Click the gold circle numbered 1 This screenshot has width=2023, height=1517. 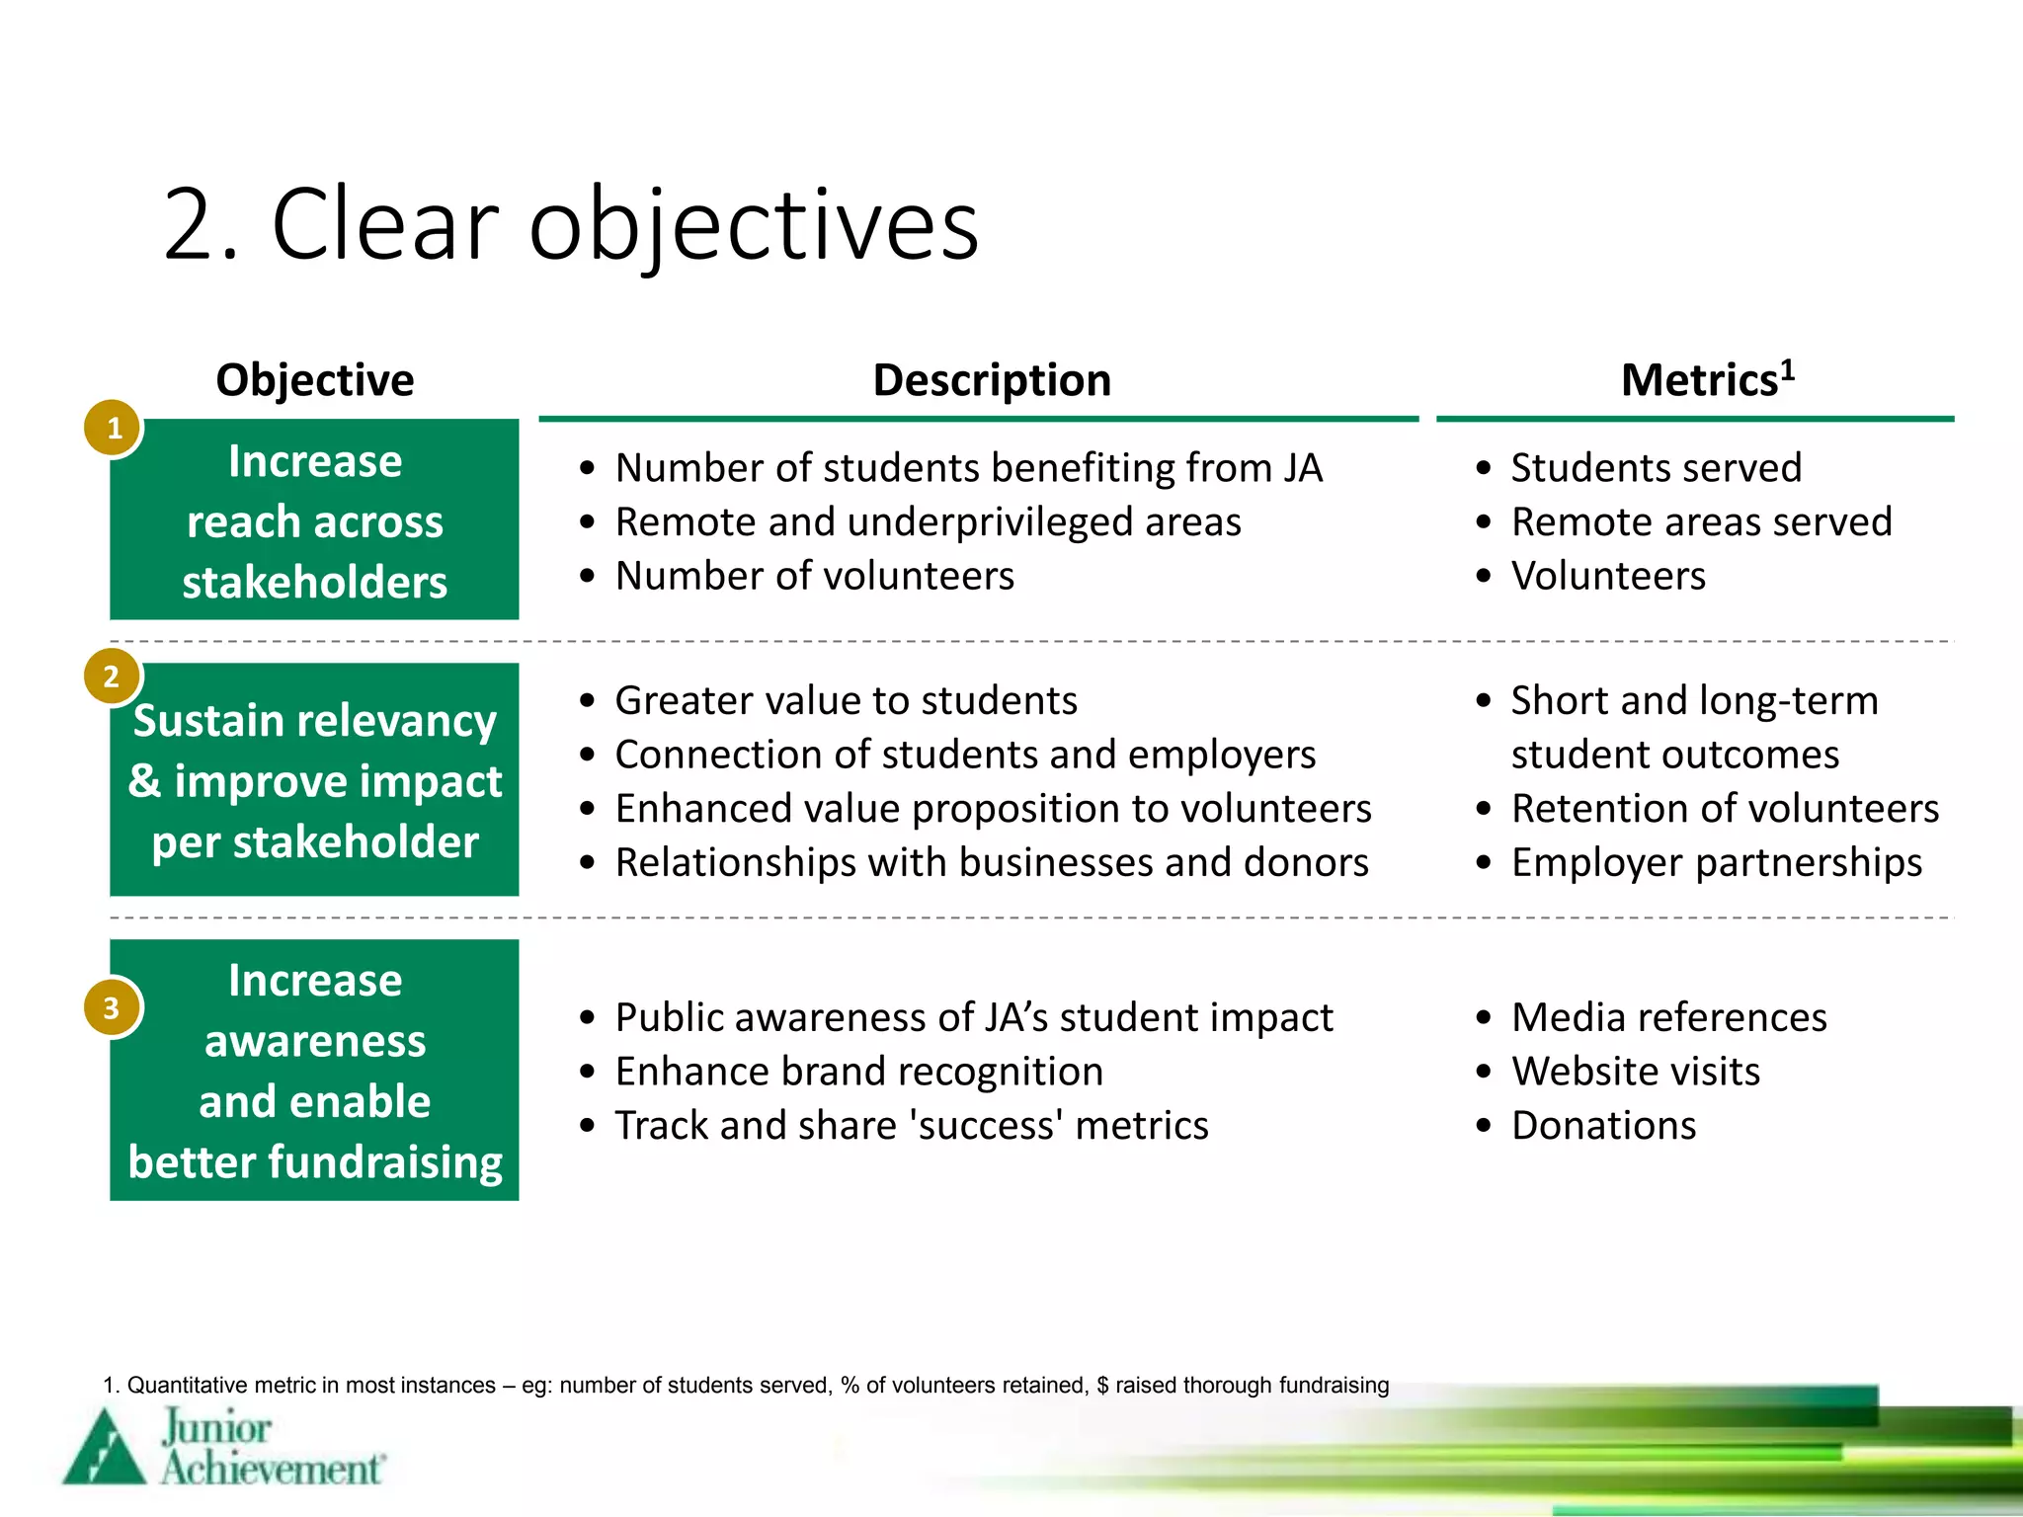[x=114, y=428]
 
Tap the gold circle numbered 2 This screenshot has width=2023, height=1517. [x=112, y=677]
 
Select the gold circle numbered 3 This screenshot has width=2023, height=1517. [x=112, y=1007]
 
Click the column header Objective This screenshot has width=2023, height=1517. [x=314, y=380]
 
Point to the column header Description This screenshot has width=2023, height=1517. [x=992, y=380]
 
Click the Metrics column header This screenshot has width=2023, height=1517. [x=1706, y=380]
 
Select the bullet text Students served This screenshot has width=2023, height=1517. [x=1656, y=467]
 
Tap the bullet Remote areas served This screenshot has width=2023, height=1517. [x=1701, y=521]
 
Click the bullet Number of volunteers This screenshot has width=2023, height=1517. [x=814, y=576]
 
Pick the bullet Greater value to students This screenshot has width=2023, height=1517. [x=846, y=700]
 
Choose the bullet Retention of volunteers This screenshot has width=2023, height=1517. [x=1725, y=808]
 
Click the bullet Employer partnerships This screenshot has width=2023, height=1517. [x=1716, y=862]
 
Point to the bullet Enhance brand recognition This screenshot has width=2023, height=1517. [x=858, y=1072]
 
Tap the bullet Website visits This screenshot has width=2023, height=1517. [x=1635, y=1072]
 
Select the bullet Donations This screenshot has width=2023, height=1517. [x=1603, y=1126]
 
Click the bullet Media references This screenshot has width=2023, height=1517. [x=1668, y=1017]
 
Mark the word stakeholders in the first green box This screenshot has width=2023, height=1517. [x=314, y=582]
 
